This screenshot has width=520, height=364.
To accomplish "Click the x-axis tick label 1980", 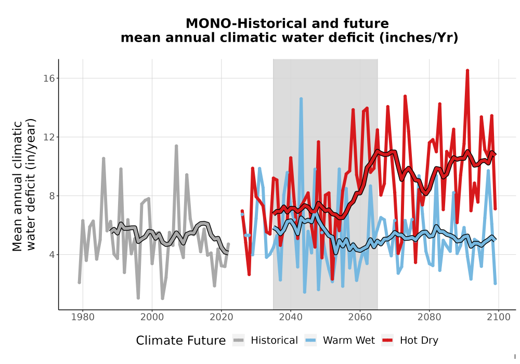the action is click(x=83, y=317).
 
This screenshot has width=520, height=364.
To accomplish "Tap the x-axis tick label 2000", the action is click(x=152, y=317).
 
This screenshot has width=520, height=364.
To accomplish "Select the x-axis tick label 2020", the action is click(x=221, y=317).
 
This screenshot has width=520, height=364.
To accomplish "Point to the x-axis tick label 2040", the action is click(x=291, y=317).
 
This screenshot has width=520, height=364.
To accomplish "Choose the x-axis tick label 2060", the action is click(x=360, y=317).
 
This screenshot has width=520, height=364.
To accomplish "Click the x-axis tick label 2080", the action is click(x=429, y=317).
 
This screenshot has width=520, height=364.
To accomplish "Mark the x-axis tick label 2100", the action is click(x=499, y=317).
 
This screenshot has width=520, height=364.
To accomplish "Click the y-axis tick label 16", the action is click(x=49, y=78).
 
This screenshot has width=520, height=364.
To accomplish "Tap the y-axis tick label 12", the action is click(x=49, y=137).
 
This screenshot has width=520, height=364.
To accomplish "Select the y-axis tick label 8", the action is click(x=51, y=196).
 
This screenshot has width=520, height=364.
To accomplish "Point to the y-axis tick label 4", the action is click(x=51, y=255).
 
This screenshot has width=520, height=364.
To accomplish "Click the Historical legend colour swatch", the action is click(x=239, y=341).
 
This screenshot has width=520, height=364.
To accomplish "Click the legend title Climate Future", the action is click(x=181, y=341).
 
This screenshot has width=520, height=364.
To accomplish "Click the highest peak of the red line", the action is click(x=467, y=70).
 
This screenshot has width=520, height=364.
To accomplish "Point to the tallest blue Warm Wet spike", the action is click(x=301, y=99).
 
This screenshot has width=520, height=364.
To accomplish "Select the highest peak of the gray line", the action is click(x=176, y=146).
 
